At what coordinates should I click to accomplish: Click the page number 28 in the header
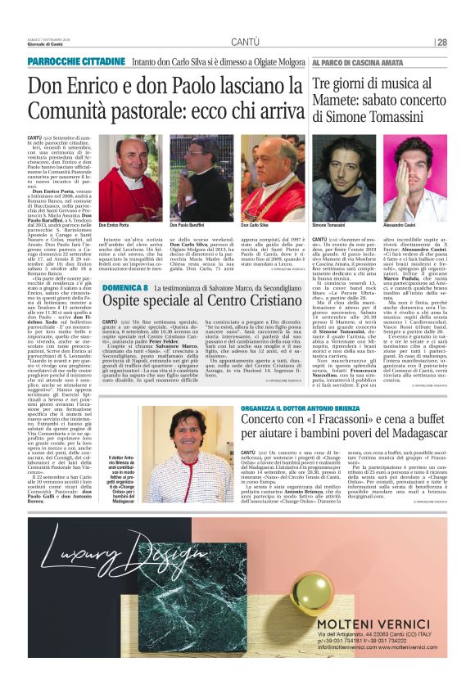click(x=441, y=42)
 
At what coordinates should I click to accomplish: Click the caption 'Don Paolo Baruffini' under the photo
click(x=188, y=224)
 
